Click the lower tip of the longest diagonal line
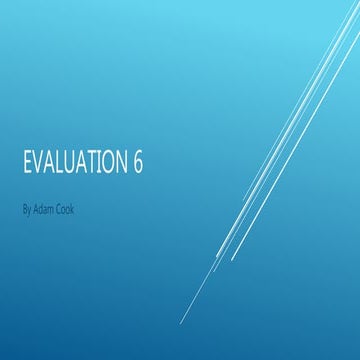[180, 323]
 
